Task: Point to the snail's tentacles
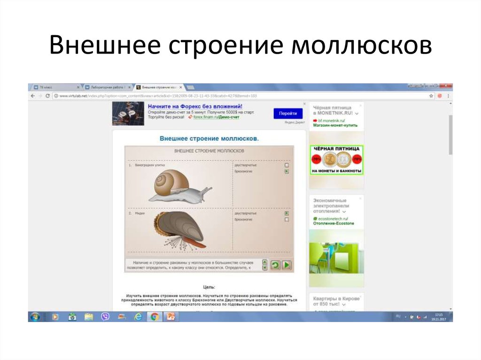(x=206, y=190)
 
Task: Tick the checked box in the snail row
(x=287, y=172)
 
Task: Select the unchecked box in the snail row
(x=287, y=165)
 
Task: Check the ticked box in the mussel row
(x=287, y=213)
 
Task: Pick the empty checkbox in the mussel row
(x=287, y=219)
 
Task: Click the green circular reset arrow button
(x=275, y=265)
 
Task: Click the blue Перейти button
(x=287, y=114)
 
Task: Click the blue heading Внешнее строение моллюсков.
(x=209, y=139)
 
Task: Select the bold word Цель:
(x=209, y=286)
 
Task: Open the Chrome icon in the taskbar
(x=154, y=317)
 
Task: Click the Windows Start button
(x=34, y=317)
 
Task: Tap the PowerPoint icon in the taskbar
(x=171, y=317)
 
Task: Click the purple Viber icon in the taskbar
(x=105, y=317)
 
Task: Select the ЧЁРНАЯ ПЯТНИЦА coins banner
(x=336, y=160)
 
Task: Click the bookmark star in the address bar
(x=431, y=96)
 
